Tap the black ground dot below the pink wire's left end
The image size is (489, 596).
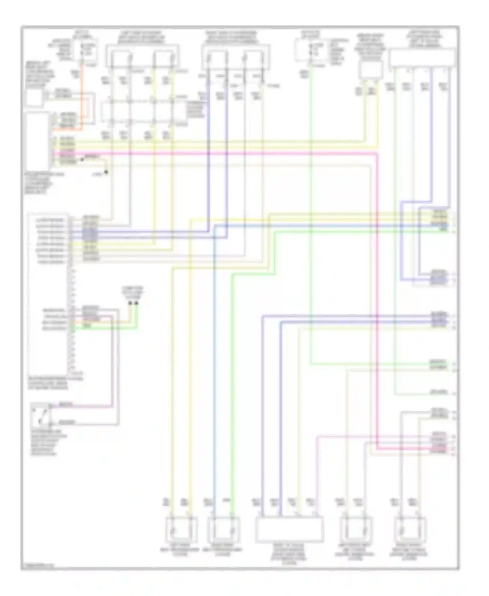[x=106, y=172]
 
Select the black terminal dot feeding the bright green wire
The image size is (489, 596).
[x=136, y=303]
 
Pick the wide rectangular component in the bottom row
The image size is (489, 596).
[x=289, y=529]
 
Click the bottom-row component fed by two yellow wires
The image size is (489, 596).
[x=181, y=529]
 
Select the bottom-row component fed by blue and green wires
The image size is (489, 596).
[x=223, y=529]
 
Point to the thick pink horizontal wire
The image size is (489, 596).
[x=228, y=153]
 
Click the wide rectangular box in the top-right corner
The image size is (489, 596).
[x=422, y=58]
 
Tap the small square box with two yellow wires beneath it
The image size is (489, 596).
[x=371, y=70]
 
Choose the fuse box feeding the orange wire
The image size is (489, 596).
[x=85, y=49]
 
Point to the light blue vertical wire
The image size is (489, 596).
[x=214, y=359]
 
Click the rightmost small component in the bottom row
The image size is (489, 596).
[x=410, y=529]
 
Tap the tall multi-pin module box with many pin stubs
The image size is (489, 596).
[x=49, y=293]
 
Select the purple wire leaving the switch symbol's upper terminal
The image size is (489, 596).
[x=81, y=406]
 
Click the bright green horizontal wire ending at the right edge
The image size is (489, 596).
[x=359, y=232]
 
